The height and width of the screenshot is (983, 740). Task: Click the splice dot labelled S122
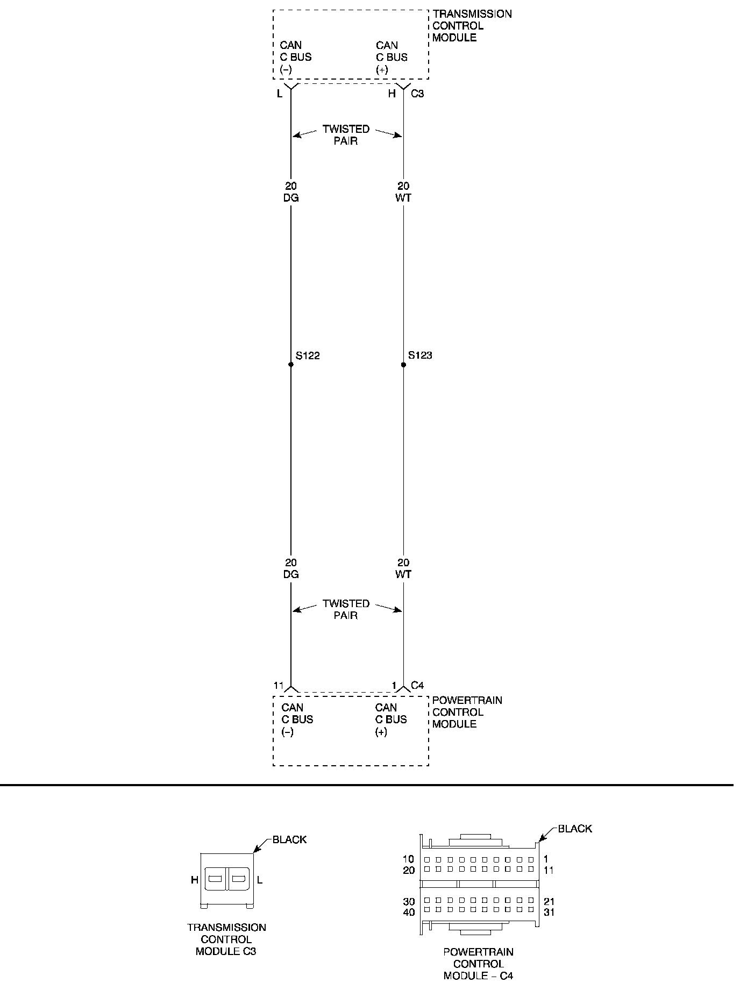(291, 365)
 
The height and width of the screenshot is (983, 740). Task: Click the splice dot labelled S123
(403, 365)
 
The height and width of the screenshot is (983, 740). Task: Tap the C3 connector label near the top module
(417, 94)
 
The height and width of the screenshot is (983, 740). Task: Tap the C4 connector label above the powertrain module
(417, 685)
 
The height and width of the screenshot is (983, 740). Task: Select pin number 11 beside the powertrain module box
(278, 685)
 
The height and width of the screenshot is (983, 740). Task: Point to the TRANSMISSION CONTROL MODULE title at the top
(472, 26)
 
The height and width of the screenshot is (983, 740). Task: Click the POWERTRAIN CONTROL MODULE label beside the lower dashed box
(467, 712)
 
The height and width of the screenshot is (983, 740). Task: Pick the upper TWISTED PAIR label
(346, 135)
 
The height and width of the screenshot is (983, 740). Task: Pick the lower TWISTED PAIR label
(346, 609)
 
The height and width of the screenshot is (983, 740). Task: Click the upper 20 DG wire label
(291, 192)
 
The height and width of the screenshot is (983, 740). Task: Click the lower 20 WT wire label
(403, 568)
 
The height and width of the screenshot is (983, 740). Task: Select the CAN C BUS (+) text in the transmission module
(392, 57)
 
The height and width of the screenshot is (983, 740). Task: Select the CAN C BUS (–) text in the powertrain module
(297, 720)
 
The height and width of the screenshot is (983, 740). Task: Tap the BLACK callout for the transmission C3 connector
(289, 839)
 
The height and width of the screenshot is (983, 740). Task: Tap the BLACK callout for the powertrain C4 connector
(574, 829)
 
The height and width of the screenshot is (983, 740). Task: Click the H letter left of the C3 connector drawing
(195, 880)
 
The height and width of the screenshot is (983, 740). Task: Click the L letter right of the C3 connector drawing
(260, 880)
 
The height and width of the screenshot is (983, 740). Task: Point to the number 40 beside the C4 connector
(409, 912)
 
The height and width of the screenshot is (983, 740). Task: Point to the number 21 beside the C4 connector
(549, 901)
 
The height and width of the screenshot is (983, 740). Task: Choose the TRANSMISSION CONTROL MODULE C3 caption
(226, 939)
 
